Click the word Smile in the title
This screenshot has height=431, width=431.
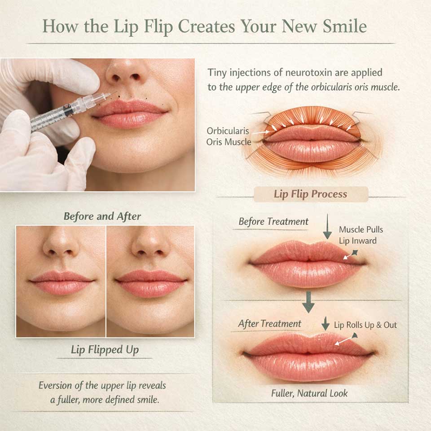click(x=345, y=26)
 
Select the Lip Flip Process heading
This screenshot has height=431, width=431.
click(x=310, y=194)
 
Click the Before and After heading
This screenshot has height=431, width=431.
click(x=102, y=216)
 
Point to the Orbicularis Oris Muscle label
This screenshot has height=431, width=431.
click(x=229, y=136)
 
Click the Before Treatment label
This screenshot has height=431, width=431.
click(x=273, y=221)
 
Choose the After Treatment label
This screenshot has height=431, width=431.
click(x=269, y=324)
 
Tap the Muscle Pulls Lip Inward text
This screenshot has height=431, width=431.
click(x=361, y=235)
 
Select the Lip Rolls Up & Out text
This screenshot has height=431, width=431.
click(x=365, y=325)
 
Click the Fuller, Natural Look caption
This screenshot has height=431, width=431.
click(x=309, y=393)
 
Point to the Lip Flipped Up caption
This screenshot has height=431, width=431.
click(x=105, y=350)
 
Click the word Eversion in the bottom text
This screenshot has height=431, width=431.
click(x=55, y=385)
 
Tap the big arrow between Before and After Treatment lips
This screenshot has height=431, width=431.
click(x=308, y=302)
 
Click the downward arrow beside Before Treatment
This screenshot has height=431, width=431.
click(x=327, y=226)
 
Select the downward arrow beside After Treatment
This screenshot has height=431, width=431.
click(x=325, y=323)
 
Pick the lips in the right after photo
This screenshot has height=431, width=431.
click(x=151, y=283)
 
